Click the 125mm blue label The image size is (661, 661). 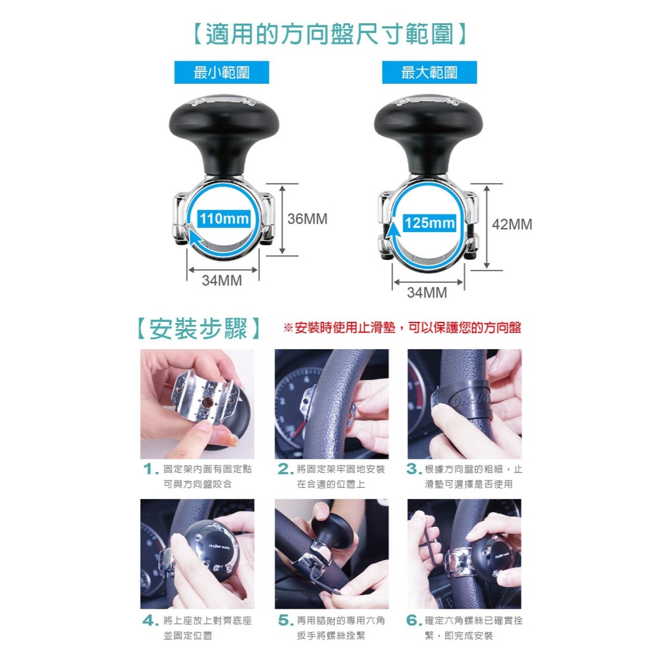coord(429,223)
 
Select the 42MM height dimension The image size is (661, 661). coord(512,225)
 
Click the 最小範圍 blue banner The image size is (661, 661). coord(221,72)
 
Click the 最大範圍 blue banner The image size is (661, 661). coord(429,72)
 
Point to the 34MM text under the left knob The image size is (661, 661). coord(221,280)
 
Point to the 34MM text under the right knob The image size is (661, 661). coord(427,292)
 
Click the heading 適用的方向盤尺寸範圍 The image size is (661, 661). coord(330,33)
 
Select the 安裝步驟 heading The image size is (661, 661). coord(198,328)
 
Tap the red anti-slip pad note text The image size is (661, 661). coord(402,328)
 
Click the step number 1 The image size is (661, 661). coord(149,470)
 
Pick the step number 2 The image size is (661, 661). coord(284,470)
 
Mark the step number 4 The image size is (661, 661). coord(149,621)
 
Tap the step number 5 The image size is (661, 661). coord(284,621)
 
